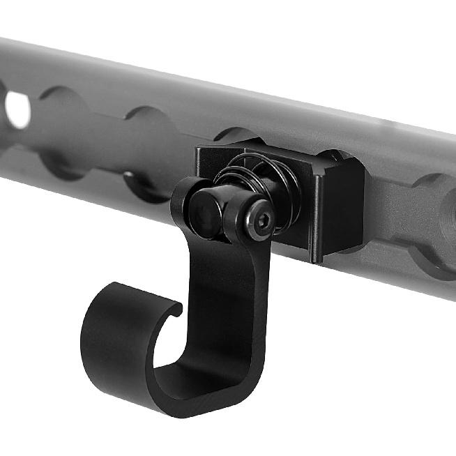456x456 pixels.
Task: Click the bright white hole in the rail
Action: point(18,109)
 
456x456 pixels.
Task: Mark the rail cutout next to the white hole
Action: point(63,129)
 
